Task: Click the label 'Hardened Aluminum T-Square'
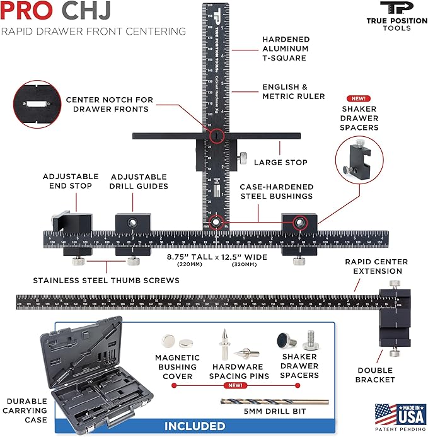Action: (286, 48)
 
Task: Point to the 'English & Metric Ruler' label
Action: (293, 91)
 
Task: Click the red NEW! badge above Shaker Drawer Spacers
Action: (359, 99)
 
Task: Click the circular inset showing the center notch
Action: (37, 104)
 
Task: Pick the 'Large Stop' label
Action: (281, 163)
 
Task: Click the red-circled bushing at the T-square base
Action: (216, 222)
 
